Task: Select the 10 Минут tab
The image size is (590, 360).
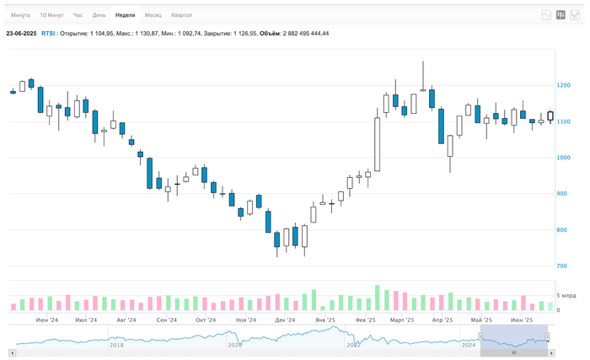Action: pyautogui.click(x=51, y=15)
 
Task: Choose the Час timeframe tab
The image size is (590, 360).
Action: pyautogui.click(x=78, y=15)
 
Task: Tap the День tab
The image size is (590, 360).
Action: pyautogui.click(x=99, y=15)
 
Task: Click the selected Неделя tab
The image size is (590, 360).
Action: pyautogui.click(x=125, y=15)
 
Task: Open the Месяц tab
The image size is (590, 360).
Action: pyautogui.click(x=153, y=15)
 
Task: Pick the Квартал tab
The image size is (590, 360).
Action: pyautogui.click(x=181, y=15)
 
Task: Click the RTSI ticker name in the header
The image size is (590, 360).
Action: pyautogui.click(x=49, y=34)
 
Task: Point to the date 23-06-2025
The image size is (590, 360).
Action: pyautogui.click(x=20, y=34)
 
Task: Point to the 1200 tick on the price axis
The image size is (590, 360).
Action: pyautogui.click(x=564, y=85)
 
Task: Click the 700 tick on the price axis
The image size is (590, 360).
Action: pyautogui.click(x=562, y=266)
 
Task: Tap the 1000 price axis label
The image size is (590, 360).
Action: pyautogui.click(x=564, y=158)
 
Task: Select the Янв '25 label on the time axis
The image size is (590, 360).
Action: pyautogui.click(x=325, y=320)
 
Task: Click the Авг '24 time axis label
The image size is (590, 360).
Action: pyautogui.click(x=126, y=320)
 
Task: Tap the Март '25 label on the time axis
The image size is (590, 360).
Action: pyautogui.click(x=402, y=320)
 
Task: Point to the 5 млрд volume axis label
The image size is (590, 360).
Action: pyautogui.click(x=565, y=296)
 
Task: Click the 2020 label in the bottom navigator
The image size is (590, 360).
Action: pyautogui.click(x=235, y=345)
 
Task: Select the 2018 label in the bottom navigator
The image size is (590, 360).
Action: pyautogui.click(x=116, y=345)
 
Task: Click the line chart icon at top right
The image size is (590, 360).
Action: pyautogui.click(x=546, y=15)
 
